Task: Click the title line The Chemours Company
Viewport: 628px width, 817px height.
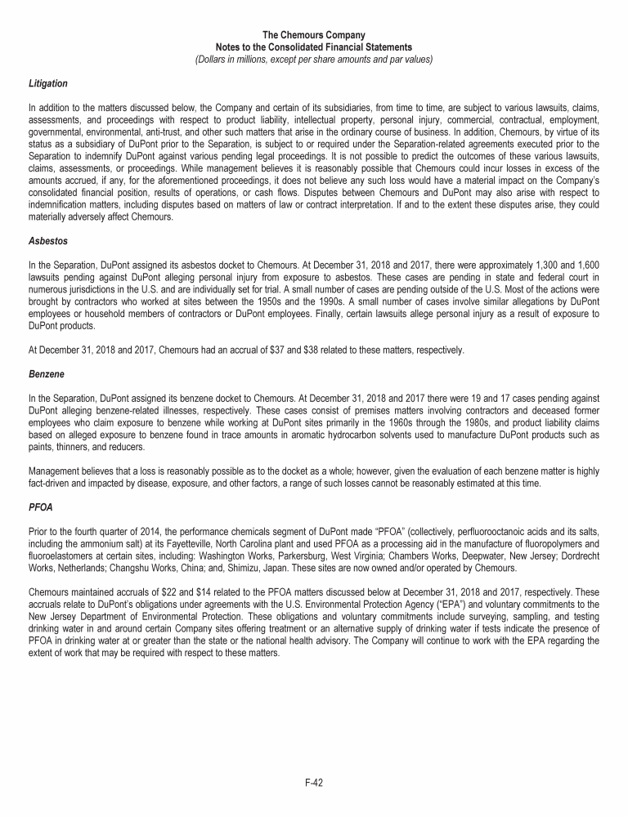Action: pyautogui.click(x=313, y=35)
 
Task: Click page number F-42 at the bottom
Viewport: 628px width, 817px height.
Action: pyautogui.click(x=314, y=782)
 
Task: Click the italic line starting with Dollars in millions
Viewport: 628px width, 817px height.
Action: pyautogui.click(x=313, y=59)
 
